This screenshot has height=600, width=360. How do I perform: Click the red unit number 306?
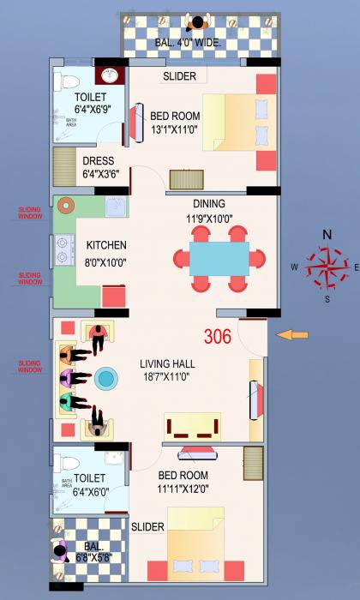click(x=218, y=336)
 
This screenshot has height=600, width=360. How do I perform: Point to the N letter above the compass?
click(x=327, y=235)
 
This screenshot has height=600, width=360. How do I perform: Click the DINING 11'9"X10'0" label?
click(x=209, y=210)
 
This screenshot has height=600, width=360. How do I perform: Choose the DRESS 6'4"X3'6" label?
click(x=99, y=167)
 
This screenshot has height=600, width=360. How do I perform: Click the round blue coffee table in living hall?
click(x=106, y=377)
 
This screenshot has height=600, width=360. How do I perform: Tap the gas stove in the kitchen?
click(x=63, y=249)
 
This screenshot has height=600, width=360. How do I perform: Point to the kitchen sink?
click(x=115, y=207)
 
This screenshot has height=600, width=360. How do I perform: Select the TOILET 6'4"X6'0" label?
click(x=90, y=484)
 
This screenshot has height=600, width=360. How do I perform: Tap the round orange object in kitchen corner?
click(x=65, y=206)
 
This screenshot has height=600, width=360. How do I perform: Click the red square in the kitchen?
click(x=114, y=297)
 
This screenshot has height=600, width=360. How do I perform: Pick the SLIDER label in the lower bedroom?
click(x=147, y=526)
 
